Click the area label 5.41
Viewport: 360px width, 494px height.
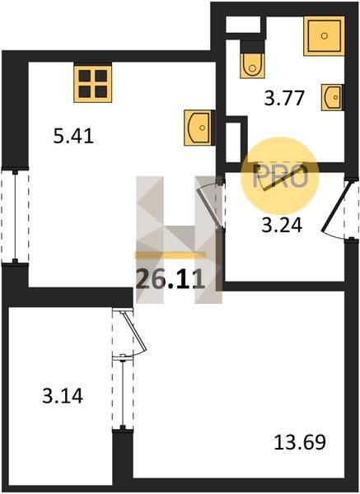click(73, 137)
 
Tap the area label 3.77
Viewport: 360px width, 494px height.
click(284, 98)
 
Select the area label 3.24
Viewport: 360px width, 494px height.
click(282, 226)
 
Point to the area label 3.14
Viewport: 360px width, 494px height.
click(63, 396)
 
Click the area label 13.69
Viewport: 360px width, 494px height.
click(300, 442)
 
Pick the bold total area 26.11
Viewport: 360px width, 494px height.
click(171, 280)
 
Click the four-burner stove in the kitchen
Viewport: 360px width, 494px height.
click(93, 83)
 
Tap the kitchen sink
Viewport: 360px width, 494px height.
click(199, 128)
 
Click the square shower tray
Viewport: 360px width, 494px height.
click(324, 36)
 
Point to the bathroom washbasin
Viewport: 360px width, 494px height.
click(332, 97)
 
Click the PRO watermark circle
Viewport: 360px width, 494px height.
click(280, 176)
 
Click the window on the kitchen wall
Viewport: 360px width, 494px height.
click(15, 216)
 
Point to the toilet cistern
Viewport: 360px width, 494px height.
click(252, 47)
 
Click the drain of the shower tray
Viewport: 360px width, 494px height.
click(324, 36)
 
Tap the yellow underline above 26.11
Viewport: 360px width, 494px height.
click(171, 255)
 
